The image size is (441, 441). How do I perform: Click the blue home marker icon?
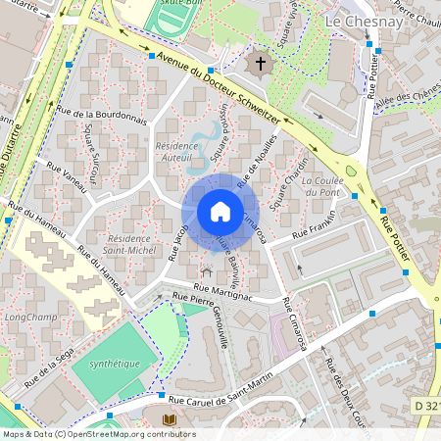[220, 212]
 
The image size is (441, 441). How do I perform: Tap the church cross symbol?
[261, 64]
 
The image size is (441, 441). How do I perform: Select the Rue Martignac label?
[223, 289]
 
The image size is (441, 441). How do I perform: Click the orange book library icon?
[169, 419]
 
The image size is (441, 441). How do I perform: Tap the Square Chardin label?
[292, 176]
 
